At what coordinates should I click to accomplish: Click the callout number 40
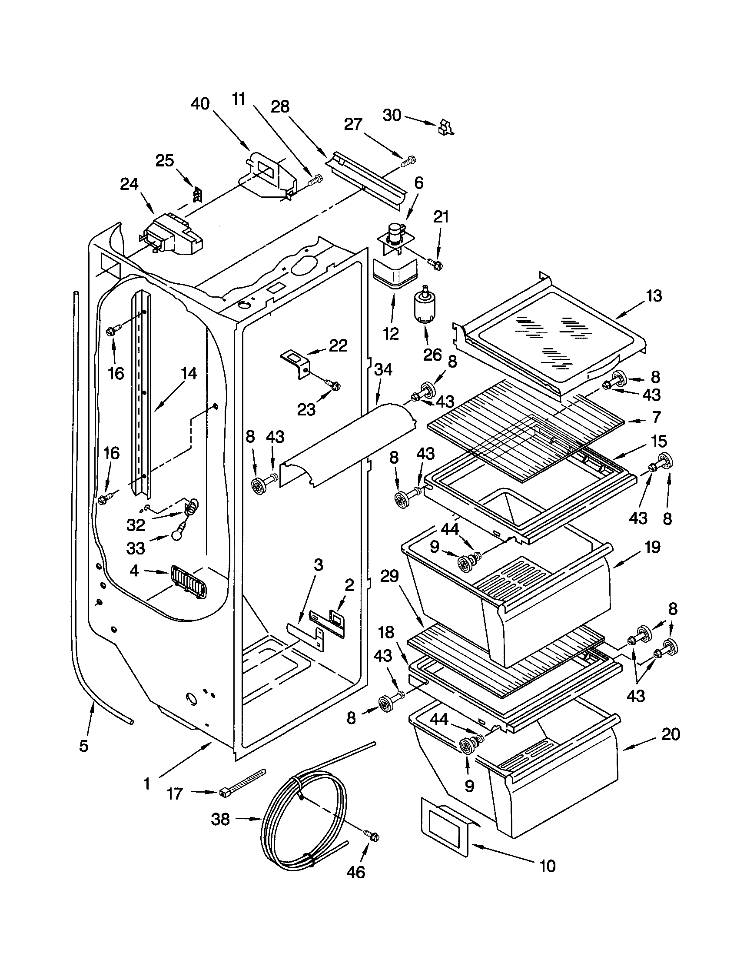coord(200,104)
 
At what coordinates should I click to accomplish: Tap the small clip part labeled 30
coord(445,126)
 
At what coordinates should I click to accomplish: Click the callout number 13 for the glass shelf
coord(654,296)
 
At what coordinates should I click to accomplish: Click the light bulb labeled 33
coord(177,536)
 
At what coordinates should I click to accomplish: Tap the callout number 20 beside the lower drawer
coord(671,734)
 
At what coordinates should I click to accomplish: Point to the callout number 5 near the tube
coord(83,745)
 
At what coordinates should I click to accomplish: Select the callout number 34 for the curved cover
coord(383,370)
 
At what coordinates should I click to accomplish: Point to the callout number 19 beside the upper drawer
coord(652,547)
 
